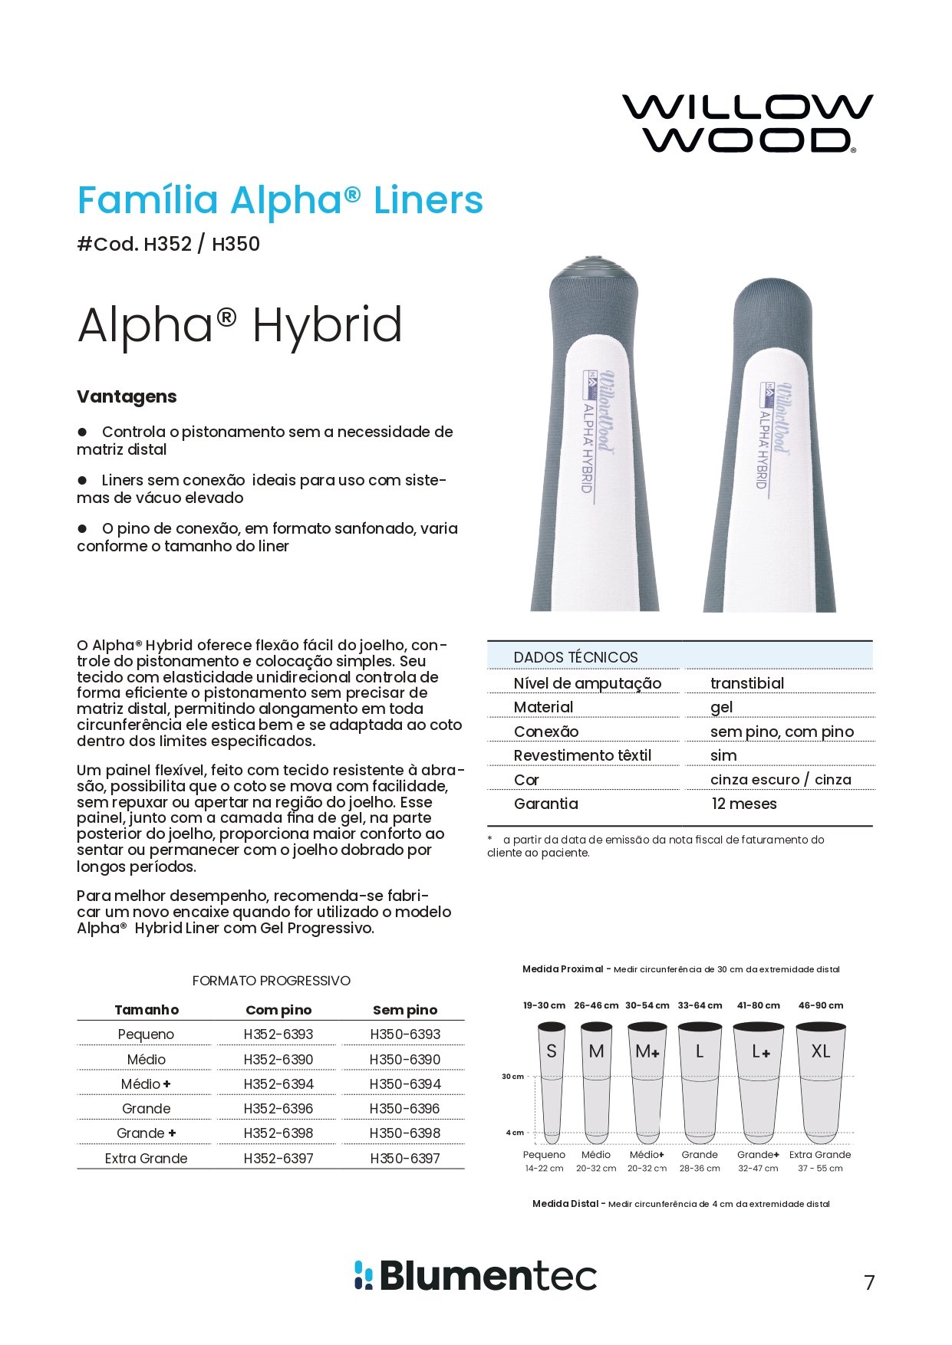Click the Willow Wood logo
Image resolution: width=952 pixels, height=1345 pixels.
pos(747,123)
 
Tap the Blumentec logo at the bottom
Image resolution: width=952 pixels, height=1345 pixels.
pos(476,1275)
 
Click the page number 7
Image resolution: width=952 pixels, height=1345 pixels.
pos(869,1282)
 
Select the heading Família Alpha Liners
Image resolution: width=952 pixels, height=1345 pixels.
pos(280,201)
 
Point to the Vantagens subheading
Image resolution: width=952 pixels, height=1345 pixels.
pos(127,396)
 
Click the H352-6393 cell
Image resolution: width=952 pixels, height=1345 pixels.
pos(278,1034)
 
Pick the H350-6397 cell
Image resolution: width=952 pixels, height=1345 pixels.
pos(405,1158)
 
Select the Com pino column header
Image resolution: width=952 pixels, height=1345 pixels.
pos(278,1010)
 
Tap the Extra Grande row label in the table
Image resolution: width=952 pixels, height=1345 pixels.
pos(146,1158)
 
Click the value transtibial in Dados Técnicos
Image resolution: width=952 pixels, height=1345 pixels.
pos(746,683)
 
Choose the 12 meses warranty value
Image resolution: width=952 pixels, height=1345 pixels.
pos(743,804)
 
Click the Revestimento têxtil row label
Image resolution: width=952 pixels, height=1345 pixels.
pos(582,755)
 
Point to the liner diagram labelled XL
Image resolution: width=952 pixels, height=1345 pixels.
pos(820,1081)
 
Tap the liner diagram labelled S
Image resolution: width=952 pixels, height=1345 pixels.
pos(551,1081)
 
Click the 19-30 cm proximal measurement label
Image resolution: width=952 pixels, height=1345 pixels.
pos(544,1005)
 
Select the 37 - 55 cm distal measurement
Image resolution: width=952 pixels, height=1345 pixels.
pos(820,1169)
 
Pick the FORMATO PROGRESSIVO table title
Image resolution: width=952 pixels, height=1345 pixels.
pos(271,981)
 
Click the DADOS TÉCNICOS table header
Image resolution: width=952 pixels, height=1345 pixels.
pos(575,657)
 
